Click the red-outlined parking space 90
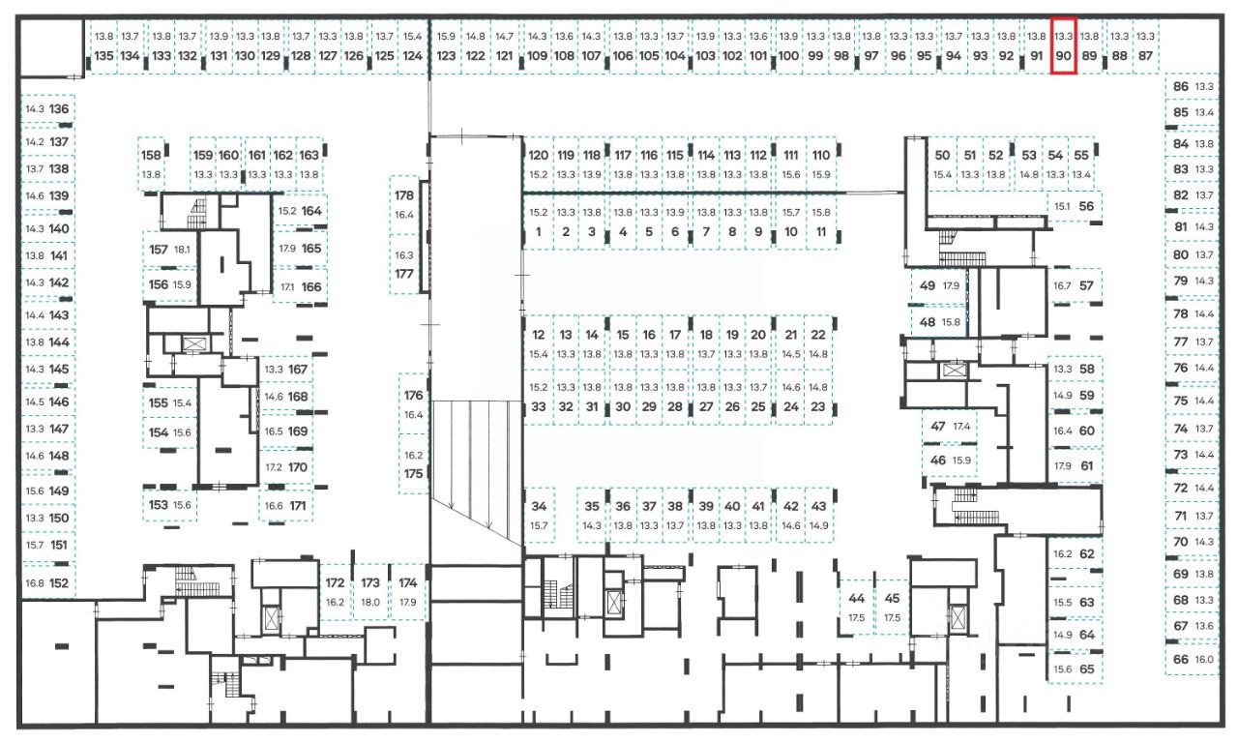[1063, 46]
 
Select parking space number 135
[103, 46]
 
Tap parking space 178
[404, 204]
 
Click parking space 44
[857, 608]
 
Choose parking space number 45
[892, 608]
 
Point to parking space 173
[370, 591]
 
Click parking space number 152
[48, 583]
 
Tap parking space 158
[151, 163]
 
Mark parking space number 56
[1076, 206]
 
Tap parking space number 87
[1146, 46]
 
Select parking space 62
[1076, 554]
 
